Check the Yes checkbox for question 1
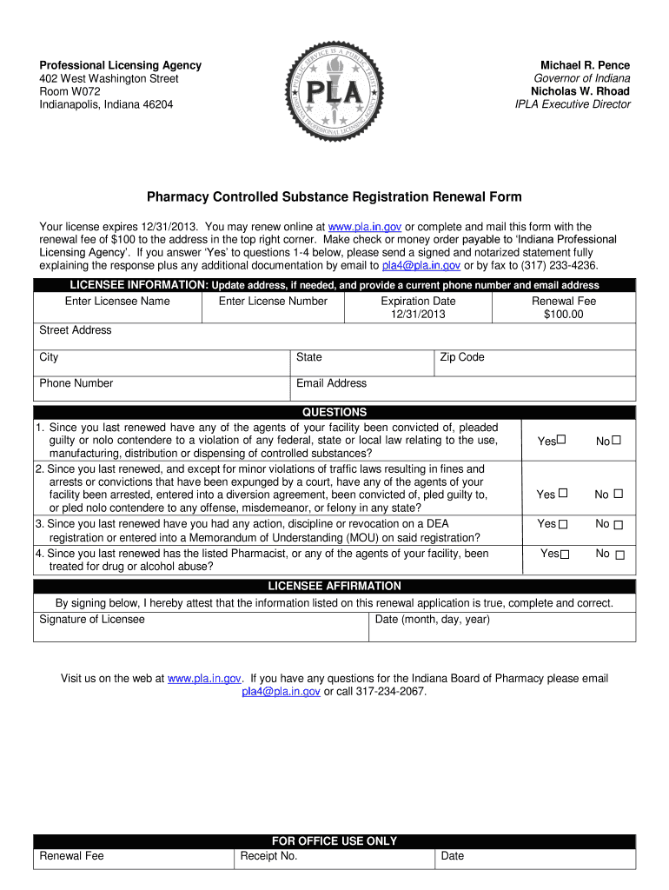click(x=561, y=441)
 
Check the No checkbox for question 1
click(x=617, y=441)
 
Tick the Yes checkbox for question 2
click(x=563, y=494)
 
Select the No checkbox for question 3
click(x=619, y=524)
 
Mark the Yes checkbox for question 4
click(x=565, y=555)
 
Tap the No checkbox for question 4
click(x=619, y=555)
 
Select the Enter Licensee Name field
click(x=117, y=308)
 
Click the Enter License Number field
click(x=273, y=308)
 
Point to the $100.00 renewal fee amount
click(x=563, y=314)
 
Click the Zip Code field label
click(x=462, y=357)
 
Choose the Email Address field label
click(x=331, y=383)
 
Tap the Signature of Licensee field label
click(x=92, y=620)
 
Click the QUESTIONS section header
click(x=334, y=412)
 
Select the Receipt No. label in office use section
click(x=268, y=856)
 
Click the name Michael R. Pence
click(x=585, y=65)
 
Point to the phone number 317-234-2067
click(x=391, y=692)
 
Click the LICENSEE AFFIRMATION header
click(x=334, y=586)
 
